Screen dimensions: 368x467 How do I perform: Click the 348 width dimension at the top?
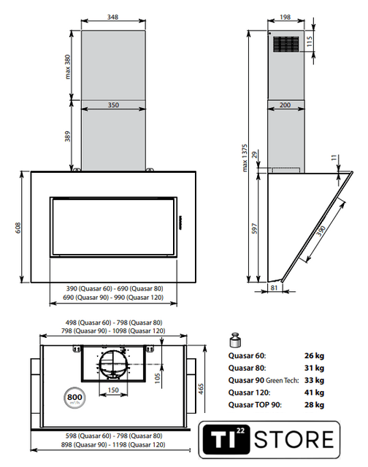tap(113, 17)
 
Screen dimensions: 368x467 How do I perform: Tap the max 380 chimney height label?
tap(68, 66)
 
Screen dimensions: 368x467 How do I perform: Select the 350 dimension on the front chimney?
tap(113, 105)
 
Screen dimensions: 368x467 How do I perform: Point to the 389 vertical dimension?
tap(68, 136)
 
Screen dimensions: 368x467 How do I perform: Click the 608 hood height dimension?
tap(18, 228)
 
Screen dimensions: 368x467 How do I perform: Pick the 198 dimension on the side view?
tap(285, 17)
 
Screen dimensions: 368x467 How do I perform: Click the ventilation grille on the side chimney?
tap(286, 45)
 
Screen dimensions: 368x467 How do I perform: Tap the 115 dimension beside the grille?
tap(310, 42)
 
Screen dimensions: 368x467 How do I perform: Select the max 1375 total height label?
tap(245, 158)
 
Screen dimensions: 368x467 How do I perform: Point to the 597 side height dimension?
tap(254, 228)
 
